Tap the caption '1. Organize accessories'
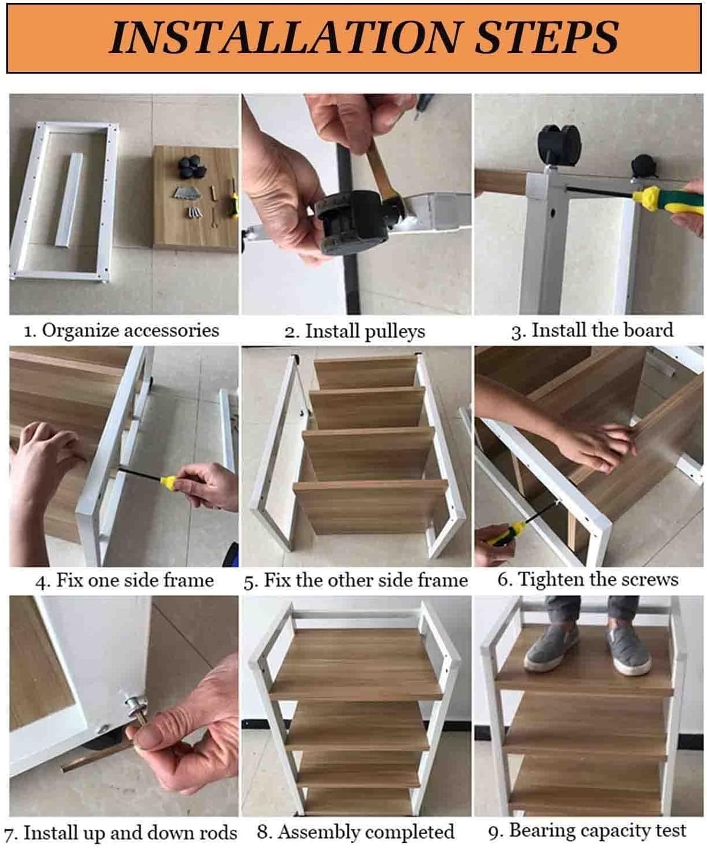point(121,331)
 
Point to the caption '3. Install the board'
point(593,330)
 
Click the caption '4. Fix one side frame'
point(124,580)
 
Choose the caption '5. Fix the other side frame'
point(356,580)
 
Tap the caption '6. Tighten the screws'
point(588,580)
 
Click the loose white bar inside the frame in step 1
point(68,200)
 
